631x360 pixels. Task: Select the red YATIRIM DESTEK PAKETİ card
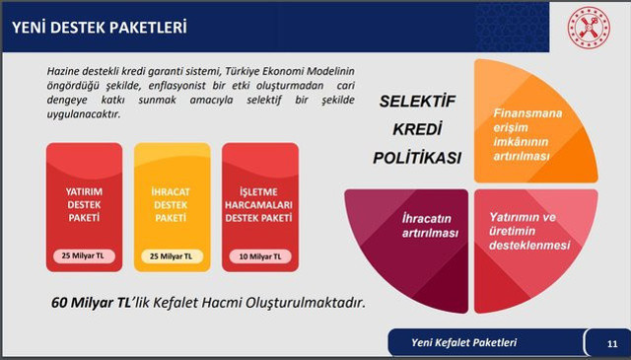tap(84, 205)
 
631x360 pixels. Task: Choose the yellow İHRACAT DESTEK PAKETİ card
tap(173, 205)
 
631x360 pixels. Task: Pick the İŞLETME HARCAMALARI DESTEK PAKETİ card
tap(260, 205)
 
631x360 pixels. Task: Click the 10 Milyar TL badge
tap(260, 256)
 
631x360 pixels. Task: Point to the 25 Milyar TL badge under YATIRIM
tap(84, 256)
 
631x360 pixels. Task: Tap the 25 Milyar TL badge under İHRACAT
tap(173, 256)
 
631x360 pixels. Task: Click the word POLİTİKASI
tap(418, 157)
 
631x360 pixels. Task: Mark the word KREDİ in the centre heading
tap(418, 129)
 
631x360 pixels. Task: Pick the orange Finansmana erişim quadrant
tap(532, 128)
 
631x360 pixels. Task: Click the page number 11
tap(611, 344)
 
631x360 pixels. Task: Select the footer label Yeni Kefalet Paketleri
tap(464, 343)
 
